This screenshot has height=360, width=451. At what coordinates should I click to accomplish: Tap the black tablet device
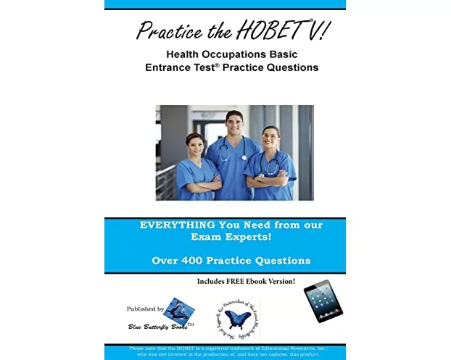click(x=323, y=300)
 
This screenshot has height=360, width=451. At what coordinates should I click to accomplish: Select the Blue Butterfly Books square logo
click(x=178, y=310)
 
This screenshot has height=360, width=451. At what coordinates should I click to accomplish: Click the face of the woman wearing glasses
click(x=270, y=138)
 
